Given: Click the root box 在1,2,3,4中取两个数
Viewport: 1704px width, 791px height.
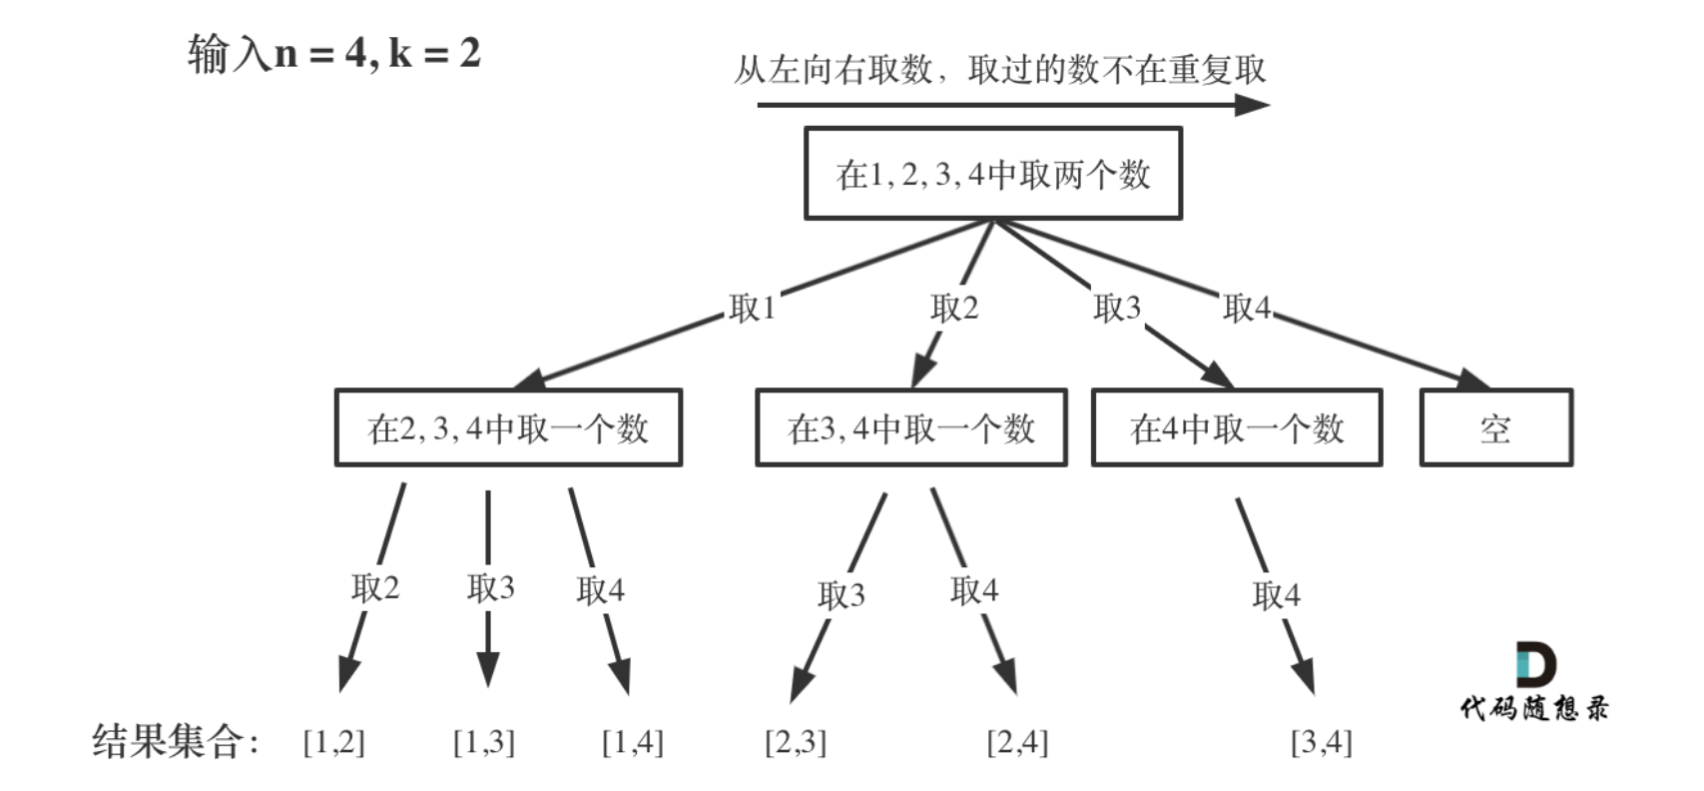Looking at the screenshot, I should [x=992, y=174].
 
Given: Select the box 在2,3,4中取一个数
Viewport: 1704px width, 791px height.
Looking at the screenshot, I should [x=508, y=428].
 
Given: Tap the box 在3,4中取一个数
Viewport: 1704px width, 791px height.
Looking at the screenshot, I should [x=910, y=428].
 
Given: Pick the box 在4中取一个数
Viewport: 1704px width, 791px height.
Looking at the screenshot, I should [x=1237, y=428].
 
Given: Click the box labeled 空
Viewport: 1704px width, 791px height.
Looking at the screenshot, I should [x=1495, y=428].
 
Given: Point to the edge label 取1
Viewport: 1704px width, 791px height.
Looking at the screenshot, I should [x=753, y=308].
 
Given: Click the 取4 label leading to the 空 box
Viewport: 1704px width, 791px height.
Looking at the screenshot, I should [x=1247, y=308].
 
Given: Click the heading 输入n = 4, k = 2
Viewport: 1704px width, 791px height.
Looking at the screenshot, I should [x=334, y=53].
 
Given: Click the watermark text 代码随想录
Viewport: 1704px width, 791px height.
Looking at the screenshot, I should [x=1534, y=709].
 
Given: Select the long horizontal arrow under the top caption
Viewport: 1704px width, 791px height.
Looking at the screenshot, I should [x=1012, y=104].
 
